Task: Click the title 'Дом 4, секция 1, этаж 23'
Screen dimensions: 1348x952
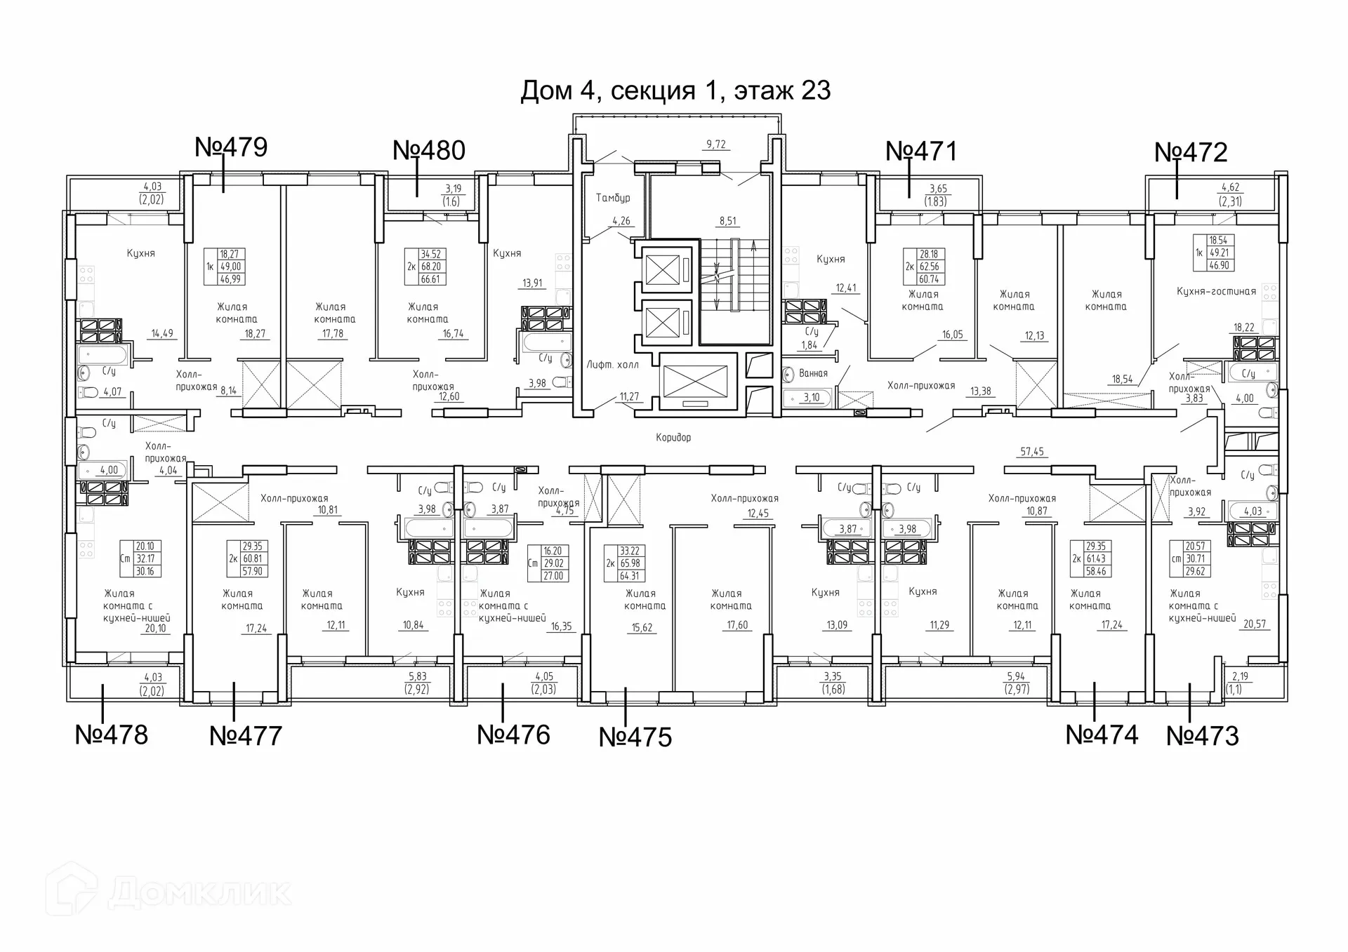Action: click(675, 91)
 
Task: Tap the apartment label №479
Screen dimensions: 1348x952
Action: click(231, 147)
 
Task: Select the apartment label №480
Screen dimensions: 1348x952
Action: click(429, 151)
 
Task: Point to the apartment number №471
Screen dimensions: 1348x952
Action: click(922, 152)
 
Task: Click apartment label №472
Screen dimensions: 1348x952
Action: click(1191, 152)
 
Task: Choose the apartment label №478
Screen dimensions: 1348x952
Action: click(112, 735)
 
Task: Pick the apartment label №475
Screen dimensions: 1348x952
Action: click(635, 737)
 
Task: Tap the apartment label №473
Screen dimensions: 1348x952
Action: click(1203, 736)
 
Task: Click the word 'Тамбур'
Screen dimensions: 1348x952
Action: click(613, 199)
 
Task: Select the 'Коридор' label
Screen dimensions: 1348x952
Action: click(673, 438)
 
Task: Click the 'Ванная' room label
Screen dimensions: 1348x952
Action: click(813, 374)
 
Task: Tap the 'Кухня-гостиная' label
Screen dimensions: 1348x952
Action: click(1216, 292)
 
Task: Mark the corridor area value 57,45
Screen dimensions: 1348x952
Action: click(1032, 452)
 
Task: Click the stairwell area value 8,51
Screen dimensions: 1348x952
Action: click(727, 221)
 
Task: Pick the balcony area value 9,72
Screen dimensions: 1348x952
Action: click(716, 145)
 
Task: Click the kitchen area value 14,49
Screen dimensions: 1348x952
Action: click(162, 334)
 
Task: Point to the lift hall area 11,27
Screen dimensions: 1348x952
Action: click(629, 397)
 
